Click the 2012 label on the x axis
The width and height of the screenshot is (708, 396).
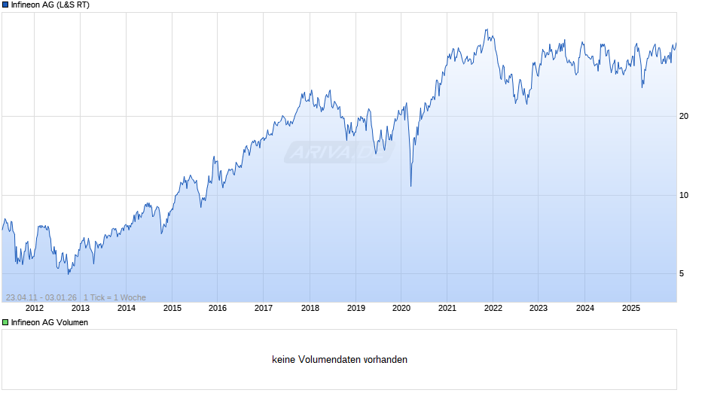[34, 308]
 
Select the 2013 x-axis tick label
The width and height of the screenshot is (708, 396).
[80, 308]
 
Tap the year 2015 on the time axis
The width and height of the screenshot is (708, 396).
[172, 308]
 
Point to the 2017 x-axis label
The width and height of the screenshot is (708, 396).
[264, 308]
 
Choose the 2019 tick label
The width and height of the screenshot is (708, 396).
[356, 308]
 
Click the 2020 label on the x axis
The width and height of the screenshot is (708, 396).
[401, 308]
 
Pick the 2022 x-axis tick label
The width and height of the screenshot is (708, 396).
[493, 308]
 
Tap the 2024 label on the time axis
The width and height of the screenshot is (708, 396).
[584, 308]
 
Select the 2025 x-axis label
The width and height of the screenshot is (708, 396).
[630, 308]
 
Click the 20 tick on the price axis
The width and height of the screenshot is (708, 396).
[685, 116]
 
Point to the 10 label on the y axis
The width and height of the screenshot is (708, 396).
[685, 195]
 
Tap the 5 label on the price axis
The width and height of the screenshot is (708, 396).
[682, 273]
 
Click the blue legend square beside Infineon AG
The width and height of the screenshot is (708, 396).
[5, 5]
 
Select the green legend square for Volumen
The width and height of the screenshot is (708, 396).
[5, 322]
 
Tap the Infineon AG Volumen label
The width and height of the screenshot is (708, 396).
[50, 322]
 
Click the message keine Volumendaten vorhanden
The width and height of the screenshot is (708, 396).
[340, 360]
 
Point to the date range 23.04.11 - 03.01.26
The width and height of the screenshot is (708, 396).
[41, 297]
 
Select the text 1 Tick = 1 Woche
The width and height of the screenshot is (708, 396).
[115, 297]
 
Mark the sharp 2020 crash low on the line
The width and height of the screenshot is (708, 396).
[410, 186]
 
